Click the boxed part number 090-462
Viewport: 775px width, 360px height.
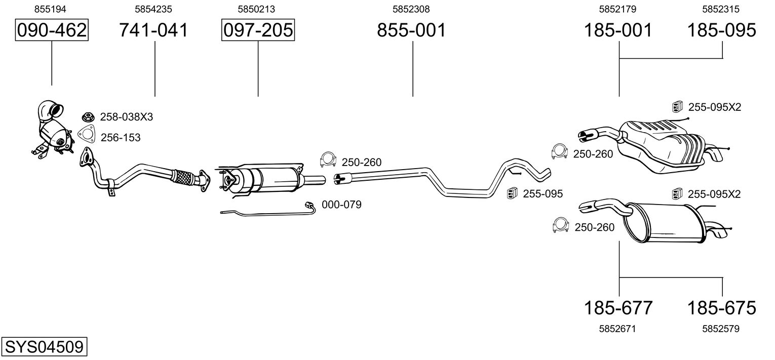click(x=52, y=30)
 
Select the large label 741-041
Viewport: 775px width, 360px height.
click(x=153, y=30)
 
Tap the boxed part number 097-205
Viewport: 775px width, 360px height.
click(x=258, y=30)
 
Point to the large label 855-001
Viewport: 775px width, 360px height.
click(x=411, y=30)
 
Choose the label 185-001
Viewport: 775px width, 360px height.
click(x=618, y=30)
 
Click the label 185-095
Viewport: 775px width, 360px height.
click(x=721, y=30)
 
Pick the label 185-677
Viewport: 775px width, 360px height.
click(x=618, y=307)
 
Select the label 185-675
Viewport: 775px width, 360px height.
click(x=721, y=307)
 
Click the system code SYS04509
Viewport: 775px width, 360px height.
click(x=44, y=347)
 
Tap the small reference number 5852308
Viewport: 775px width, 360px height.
click(x=411, y=9)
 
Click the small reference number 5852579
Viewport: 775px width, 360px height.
click(x=721, y=329)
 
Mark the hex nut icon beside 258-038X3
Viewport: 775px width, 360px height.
click(x=87, y=117)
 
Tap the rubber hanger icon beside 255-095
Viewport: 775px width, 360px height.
click(x=512, y=193)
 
